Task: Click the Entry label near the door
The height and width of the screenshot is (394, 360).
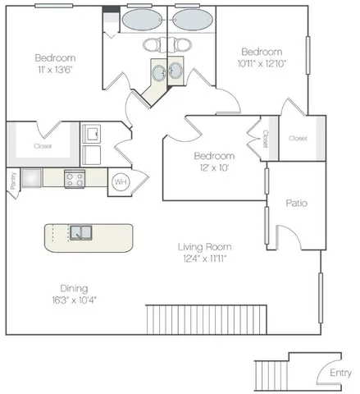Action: pos(340,373)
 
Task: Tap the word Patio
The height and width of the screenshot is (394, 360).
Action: pos(296,203)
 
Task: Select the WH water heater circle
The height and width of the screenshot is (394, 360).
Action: pos(121,181)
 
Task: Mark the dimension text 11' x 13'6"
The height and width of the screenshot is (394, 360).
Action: pos(55,71)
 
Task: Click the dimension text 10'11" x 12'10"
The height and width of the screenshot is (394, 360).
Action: pos(263,63)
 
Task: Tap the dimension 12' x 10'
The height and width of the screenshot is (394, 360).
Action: pos(214,168)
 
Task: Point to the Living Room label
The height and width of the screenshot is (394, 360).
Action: pos(204,246)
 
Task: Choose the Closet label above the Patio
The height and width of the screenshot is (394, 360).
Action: pos(297,139)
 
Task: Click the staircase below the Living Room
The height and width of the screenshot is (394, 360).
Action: pos(206,316)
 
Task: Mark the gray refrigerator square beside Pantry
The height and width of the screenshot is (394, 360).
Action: pos(32,179)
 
